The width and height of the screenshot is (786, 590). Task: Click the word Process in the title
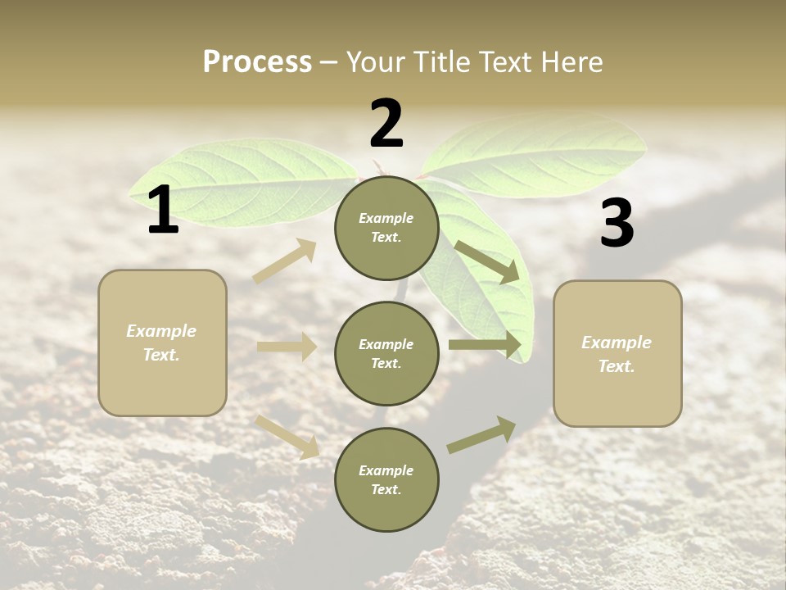(257, 62)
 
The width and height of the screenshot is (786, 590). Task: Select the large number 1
(163, 211)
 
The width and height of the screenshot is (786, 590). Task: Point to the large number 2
(386, 124)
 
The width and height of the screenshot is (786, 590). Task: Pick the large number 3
(617, 224)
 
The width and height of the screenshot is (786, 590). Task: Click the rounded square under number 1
(162, 343)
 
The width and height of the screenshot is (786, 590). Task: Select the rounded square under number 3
(617, 353)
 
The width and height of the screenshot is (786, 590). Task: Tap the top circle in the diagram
(386, 228)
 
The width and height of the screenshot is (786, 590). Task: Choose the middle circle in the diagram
(386, 353)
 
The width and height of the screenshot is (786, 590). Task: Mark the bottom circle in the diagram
(386, 479)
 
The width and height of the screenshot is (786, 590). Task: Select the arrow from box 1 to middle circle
(287, 347)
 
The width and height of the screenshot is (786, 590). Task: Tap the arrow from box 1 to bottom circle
(287, 436)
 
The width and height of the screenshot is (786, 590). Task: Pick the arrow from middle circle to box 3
(485, 345)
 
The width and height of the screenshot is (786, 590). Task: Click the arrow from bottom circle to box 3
(481, 435)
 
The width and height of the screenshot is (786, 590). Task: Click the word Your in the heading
(376, 62)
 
